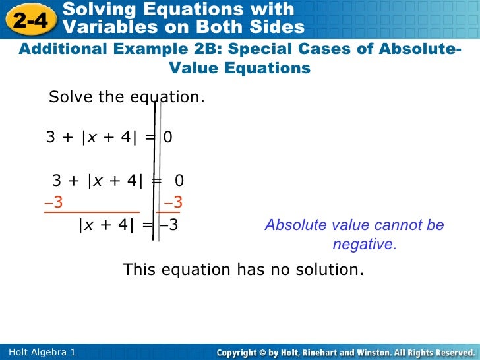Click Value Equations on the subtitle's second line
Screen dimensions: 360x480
coord(239,68)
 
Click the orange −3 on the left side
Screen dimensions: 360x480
coord(53,202)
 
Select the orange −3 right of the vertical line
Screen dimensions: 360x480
coord(173,202)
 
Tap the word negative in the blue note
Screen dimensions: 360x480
coord(364,244)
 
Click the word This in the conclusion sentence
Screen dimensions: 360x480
coord(138,270)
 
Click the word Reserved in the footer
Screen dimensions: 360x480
coord(450,353)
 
